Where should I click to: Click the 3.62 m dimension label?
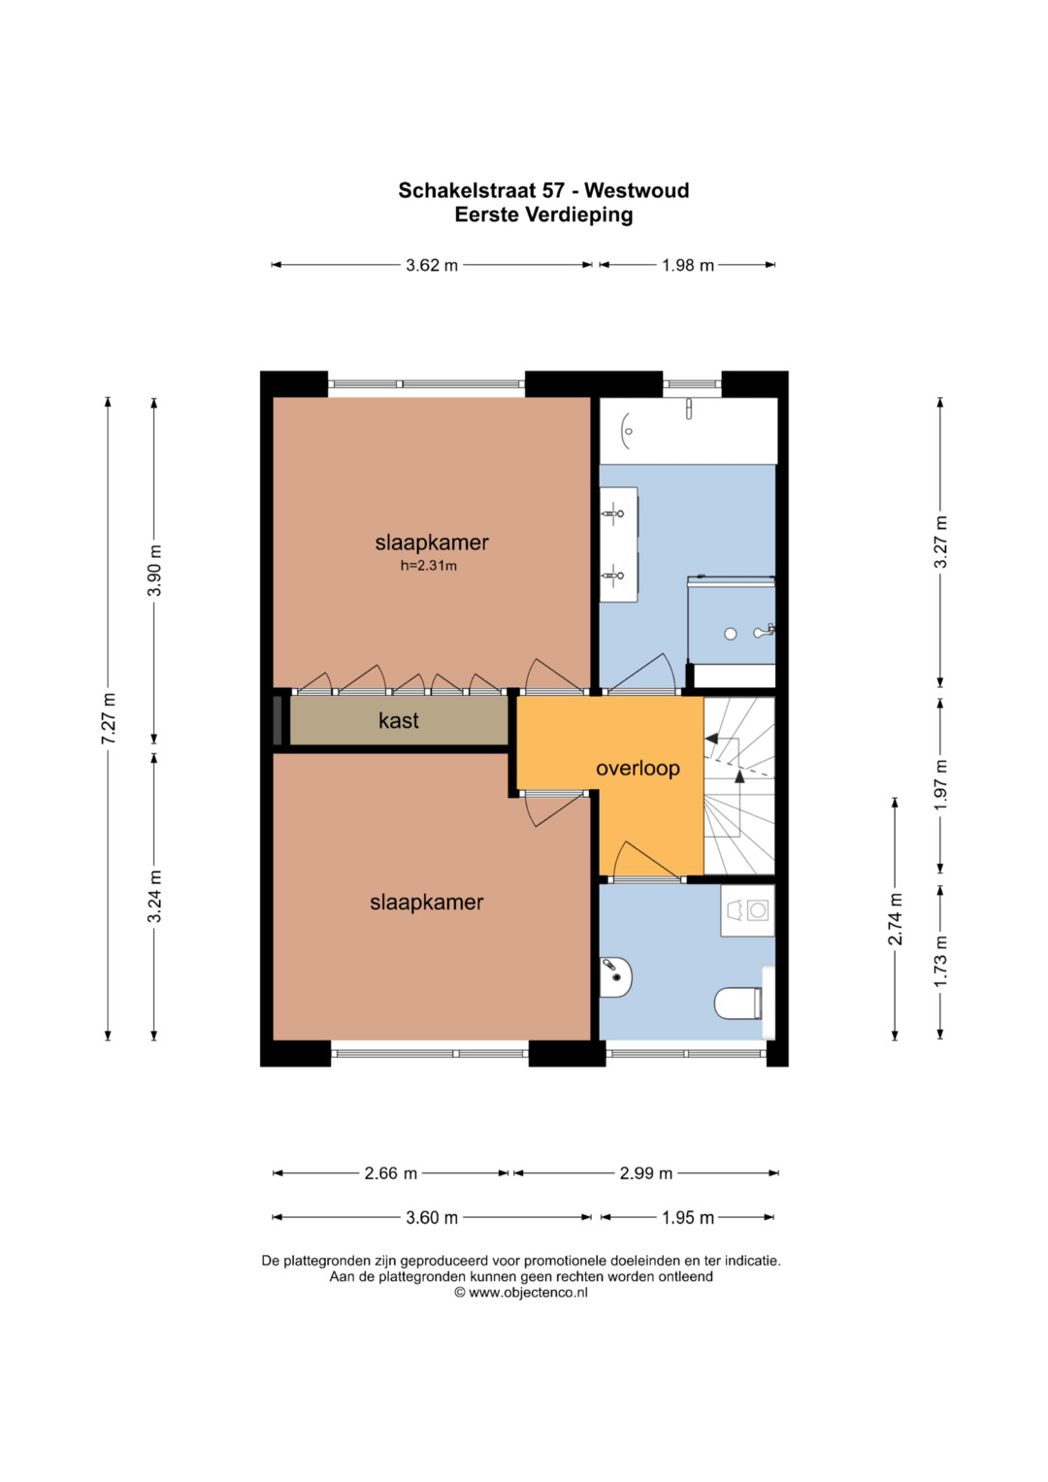point(432,265)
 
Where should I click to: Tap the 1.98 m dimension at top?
point(688,265)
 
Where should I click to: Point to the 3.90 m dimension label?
point(155,571)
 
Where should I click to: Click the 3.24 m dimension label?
point(155,896)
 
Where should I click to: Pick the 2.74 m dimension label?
point(895,919)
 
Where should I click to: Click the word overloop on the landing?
point(638,768)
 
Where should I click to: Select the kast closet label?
point(398,720)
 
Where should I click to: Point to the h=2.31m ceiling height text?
point(429,566)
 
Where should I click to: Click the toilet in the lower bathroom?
point(739,1004)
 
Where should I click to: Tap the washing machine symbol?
point(747,911)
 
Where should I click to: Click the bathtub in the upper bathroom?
point(688,431)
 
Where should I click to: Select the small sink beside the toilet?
point(616,977)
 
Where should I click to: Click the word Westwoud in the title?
point(637,190)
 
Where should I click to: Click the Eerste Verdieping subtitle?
point(543,215)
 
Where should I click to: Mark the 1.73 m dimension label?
point(941,961)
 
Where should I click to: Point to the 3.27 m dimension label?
point(941,542)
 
